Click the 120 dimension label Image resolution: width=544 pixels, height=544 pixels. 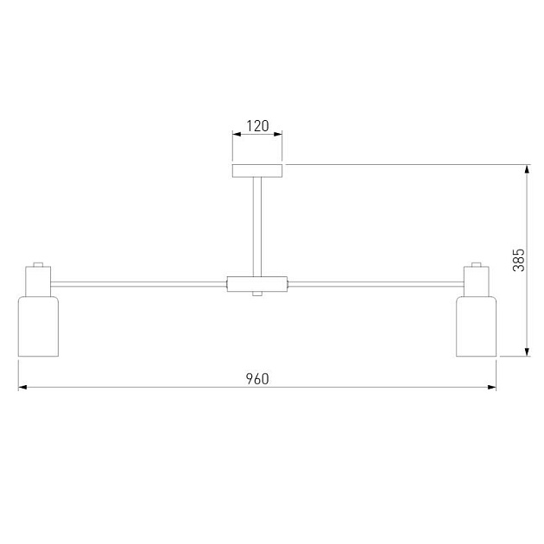(257, 126)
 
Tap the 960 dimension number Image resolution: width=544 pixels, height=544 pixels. (257, 379)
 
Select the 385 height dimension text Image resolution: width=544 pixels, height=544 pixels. (519, 260)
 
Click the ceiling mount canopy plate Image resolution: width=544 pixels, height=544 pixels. (257, 171)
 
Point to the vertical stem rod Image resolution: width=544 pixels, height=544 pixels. (257, 227)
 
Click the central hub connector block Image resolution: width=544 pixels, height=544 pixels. (257, 284)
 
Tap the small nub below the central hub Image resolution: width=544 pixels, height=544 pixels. (257, 294)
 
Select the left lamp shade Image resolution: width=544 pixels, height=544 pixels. (38, 326)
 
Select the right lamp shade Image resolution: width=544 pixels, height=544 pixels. (476, 326)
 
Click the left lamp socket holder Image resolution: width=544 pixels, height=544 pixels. (38, 281)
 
